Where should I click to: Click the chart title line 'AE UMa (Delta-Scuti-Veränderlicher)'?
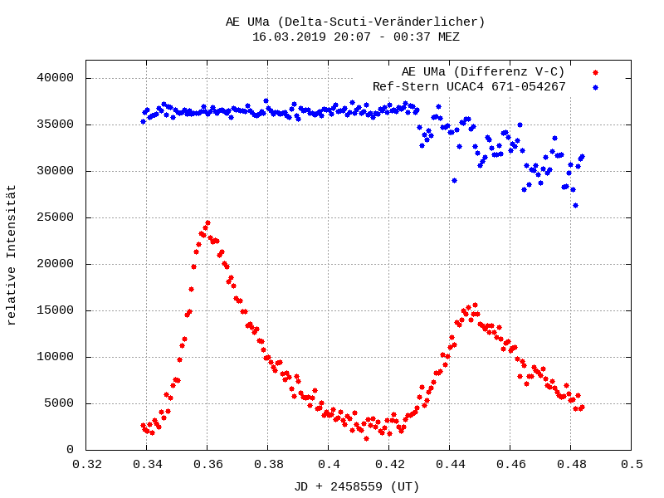pyautogui.click(x=355, y=22)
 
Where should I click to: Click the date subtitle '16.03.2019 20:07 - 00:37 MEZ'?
pyautogui.click(x=355, y=37)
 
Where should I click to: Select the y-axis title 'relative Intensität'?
pyautogui.click(x=12, y=256)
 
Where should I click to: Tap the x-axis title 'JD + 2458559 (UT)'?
pyautogui.click(x=357, y=486)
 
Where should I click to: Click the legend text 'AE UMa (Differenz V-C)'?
pyautogui.click(x=483, y=72)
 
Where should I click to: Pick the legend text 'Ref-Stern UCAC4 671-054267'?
pyautogui.click(x=469, y=86)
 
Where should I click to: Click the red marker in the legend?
pyautogui.click(x=595, y=72)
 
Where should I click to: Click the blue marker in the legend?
pyautogui.click(x=595, y=86)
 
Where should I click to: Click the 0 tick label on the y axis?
pyautogui.click(x=71, y=450)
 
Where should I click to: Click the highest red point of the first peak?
pyautogui.click(x=207, y=222)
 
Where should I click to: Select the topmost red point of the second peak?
pyautogui.click(x=475, y=305)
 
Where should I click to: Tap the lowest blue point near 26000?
pyautogui.click(x=575, y=205)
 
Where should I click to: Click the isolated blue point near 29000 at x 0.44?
pyautogui.click(x=454, y=180)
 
